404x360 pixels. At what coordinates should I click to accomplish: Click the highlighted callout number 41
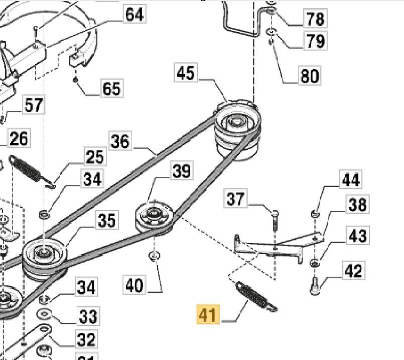pyautogui.click(x=209, y=315)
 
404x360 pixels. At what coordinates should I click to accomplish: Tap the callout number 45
pyautogui.click(x=185, y=73)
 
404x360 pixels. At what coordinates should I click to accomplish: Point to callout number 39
pyautogui.click(x=181, y=171)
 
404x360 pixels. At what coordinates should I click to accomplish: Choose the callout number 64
pyautogui.click(x=134, y=14)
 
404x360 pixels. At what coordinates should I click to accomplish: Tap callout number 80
pyautogui.click(x=309, y=76)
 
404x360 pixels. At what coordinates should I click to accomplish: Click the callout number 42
pyautogui.click(x=354, y=271)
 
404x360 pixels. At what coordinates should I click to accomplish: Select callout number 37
pyautogui.click(x=236, y=199)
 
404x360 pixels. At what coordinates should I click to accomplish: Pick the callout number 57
pyautogui.click(x=34, y=105)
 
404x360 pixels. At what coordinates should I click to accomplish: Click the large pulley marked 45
pyautogui.click(x=235, y=123)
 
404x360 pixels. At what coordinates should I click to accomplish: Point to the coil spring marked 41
pyautogui.click(x=254, y=297)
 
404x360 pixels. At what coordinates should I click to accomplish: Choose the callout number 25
pyautogui.click(x=94, y=156)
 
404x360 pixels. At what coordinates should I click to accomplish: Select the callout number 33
pyautogui.click(x=88, y=316)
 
